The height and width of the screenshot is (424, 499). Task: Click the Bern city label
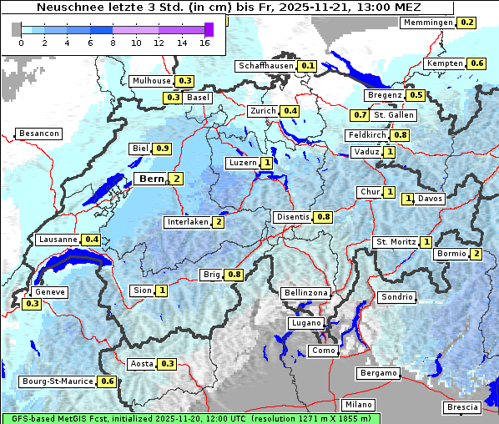[x=151, y=179]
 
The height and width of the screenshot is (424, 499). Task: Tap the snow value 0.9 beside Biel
[x=163, y=149]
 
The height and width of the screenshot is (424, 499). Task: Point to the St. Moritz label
[x=395, y=242]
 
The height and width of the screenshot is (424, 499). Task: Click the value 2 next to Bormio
[x=476, y=254]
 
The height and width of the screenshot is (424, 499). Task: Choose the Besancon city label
[x=39, y=134]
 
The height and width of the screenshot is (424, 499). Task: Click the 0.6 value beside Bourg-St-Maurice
[x=107, y=381]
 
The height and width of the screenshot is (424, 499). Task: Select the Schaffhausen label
[x=266, y=65]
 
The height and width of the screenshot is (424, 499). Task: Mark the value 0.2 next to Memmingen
[x=467, y=23]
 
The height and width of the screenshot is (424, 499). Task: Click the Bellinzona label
[x=306, y=293]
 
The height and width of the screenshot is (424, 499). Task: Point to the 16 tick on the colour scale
[x=204, y=43]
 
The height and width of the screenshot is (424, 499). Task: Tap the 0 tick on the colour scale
[x=21, y=43]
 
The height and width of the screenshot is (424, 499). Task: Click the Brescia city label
[x=462, y=407]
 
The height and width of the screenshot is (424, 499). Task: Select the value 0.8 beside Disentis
[x=324, y=217]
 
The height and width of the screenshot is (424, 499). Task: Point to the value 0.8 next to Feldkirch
[x=400, y=135]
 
